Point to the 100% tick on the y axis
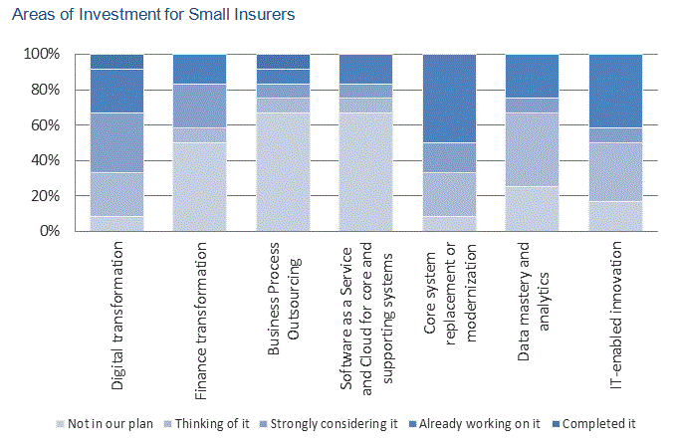pyautogui.click(x=41, y=54)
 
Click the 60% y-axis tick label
pyautogui.click(x=45, y=125)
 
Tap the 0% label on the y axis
pyautogui.click(x=49, y=231)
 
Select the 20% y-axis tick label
pyautogui.click(x=45, y=196)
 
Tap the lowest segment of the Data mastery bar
pyautogui.click(x=532, y=209)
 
